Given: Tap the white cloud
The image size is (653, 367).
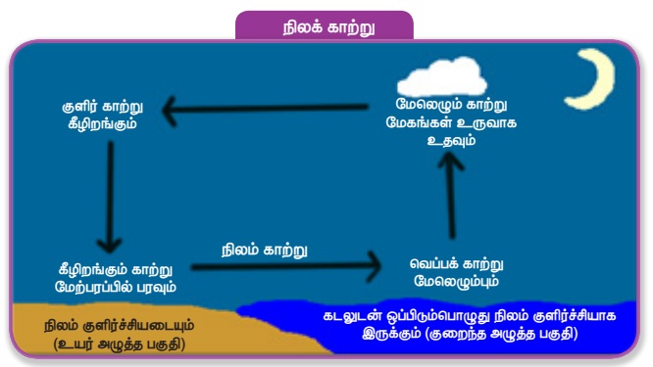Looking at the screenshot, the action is (442, 77).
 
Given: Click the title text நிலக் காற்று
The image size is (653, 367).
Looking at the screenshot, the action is (329, 27).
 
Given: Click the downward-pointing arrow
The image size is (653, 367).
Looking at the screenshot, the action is (110, 197).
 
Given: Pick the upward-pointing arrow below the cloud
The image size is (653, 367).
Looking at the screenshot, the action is (451, 196).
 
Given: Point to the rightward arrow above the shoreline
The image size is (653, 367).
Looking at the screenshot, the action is (285, 267).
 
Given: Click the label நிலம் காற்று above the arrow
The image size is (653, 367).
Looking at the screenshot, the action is (264, 251).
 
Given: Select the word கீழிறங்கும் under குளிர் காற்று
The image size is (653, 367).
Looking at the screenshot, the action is (102, 124).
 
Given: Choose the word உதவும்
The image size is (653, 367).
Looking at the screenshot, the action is (451, 140).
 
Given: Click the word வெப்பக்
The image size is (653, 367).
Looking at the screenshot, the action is (433, 263).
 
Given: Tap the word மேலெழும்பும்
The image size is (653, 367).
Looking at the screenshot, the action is (457, 282).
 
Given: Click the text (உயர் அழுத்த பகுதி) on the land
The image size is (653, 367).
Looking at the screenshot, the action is (119, 344).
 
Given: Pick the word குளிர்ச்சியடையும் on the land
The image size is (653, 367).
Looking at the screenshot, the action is (138, 326).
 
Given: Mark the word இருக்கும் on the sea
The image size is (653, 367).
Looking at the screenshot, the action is (391, 334).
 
